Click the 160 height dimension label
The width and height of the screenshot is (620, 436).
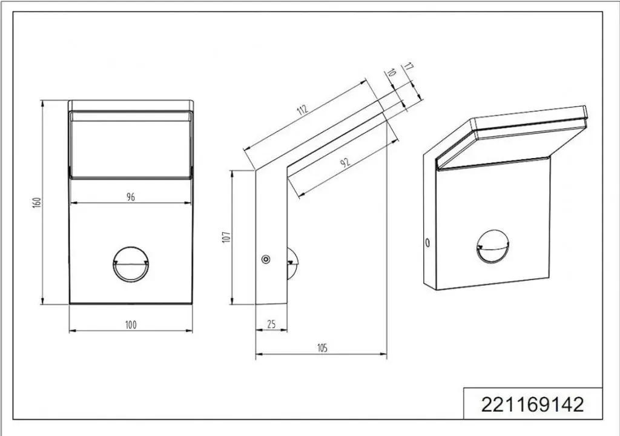(37, 203)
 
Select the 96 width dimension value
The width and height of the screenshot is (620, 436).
(131, 197)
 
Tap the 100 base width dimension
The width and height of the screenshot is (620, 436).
(131, 325)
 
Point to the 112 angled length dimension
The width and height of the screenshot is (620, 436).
(303, 110)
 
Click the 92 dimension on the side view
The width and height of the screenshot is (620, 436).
(346, 162)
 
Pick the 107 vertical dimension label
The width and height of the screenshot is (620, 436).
(226, 237)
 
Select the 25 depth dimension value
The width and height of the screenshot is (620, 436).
(271, 324)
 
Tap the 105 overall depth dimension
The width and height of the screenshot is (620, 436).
(322, 348)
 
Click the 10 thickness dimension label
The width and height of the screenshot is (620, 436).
(391, 73)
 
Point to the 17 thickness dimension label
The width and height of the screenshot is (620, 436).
(409, 67)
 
